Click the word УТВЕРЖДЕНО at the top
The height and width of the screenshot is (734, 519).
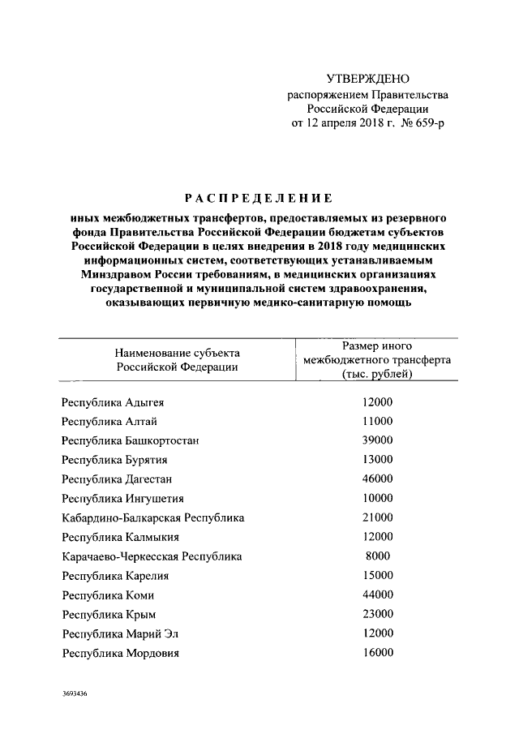(368, 79)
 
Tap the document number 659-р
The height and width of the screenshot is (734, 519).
(429, 122)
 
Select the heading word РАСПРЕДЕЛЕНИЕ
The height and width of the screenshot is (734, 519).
(259, 198)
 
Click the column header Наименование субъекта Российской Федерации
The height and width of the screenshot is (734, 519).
(178, 360)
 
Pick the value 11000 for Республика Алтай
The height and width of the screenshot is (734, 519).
(377, 421)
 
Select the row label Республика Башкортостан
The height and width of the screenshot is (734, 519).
(131, 440)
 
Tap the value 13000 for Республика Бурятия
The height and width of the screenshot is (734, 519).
(377, 460)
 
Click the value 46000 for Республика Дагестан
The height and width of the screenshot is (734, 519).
(377, 479)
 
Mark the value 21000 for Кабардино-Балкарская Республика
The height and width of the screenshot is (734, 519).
(377, 517)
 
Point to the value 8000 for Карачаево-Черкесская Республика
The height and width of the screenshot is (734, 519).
(377, 556)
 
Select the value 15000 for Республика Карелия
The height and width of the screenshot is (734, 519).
(377, 575)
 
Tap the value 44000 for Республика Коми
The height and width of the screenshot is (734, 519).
(377, 594)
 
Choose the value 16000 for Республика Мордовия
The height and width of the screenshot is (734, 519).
(377, 652)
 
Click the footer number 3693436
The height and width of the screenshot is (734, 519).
(74, 695)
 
